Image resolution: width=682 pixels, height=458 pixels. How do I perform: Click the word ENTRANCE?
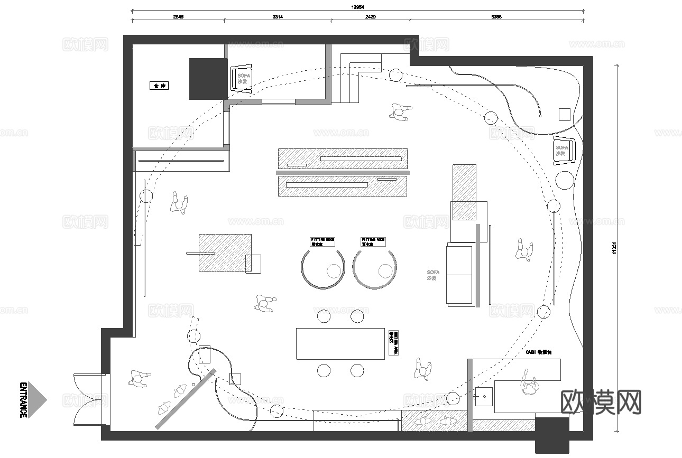click(23, 400)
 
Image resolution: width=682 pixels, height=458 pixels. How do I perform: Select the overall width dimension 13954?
click(358, 7)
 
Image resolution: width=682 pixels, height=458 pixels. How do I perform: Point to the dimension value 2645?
click(178, 17)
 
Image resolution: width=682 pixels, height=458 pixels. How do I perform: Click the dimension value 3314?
click(278, 17)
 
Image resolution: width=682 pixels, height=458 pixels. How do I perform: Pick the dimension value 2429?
click(370, 17)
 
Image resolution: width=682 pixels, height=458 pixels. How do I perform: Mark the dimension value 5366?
click(496, 17)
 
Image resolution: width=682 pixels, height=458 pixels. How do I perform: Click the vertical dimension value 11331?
click(615, 248)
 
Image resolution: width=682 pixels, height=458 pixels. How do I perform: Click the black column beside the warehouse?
click(208, 79)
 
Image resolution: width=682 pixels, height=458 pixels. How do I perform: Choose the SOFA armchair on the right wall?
click(561, 150)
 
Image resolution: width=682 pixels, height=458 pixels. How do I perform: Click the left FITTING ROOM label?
click(322, 242)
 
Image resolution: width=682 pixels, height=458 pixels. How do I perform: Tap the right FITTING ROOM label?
click(373, 242)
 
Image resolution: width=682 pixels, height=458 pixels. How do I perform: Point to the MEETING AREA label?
click(393, 343)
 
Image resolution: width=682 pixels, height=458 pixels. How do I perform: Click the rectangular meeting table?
click(340, 343)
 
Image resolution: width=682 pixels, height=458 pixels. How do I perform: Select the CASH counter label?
click(538, 352)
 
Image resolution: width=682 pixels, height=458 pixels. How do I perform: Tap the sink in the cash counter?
click(483, 395)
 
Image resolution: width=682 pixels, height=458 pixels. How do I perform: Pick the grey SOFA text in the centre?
click(433, 275)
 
